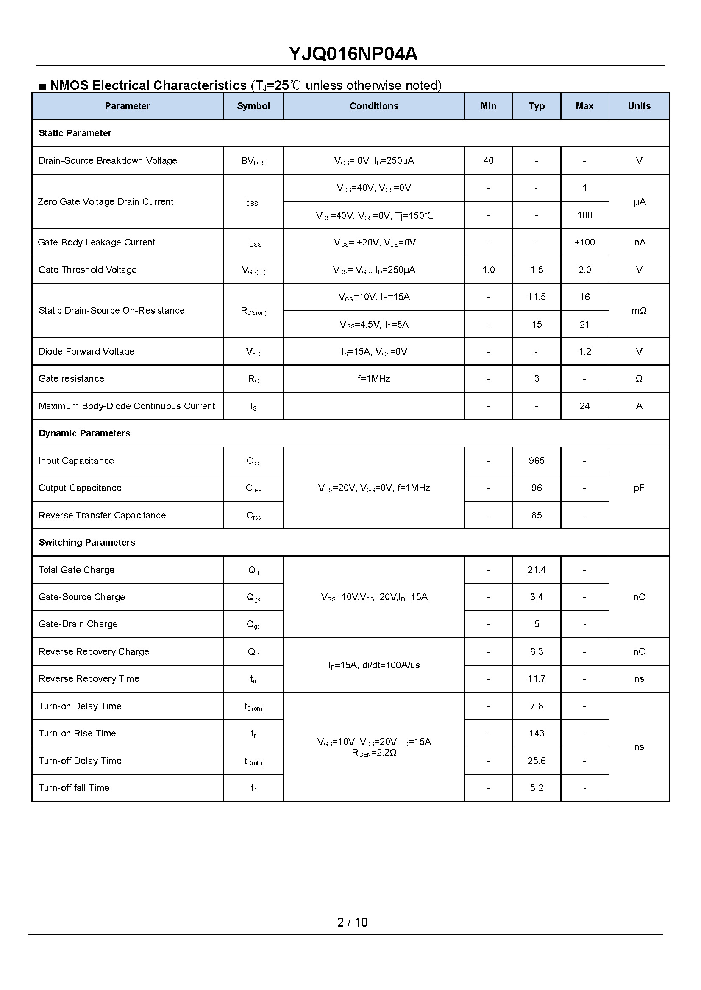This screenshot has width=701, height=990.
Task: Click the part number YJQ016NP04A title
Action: [353, 54]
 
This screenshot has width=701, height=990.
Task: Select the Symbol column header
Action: [253, 106]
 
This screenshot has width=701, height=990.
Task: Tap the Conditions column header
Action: [374, 106]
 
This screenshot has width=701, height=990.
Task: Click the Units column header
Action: [639, 106]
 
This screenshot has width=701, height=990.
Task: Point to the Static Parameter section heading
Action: [75, 133]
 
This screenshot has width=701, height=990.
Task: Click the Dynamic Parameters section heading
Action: [85, 433]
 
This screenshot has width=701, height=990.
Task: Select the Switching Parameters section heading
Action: [87, 543]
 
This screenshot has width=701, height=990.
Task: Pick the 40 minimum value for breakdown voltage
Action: [488, 161]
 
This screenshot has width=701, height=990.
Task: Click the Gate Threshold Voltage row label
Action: [88, 270]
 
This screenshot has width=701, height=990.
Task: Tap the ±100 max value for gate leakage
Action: [584, 243]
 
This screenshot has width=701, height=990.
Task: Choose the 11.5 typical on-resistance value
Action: [537, 297]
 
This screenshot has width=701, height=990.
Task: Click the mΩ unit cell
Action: [639, 310]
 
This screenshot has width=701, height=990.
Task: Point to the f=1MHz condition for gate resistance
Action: [374, 378]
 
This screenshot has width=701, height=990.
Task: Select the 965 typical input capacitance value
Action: [537, 461]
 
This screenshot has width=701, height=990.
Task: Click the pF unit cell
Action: [639, 488]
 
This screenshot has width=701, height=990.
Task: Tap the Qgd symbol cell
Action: [253, 624]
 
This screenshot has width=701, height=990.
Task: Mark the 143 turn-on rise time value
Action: [537, 733]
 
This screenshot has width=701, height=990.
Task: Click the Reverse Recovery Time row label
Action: [89, 678]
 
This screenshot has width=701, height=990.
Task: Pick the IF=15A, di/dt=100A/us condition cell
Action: [374, 665]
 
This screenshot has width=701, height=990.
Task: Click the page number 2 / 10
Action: [352, 922]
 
